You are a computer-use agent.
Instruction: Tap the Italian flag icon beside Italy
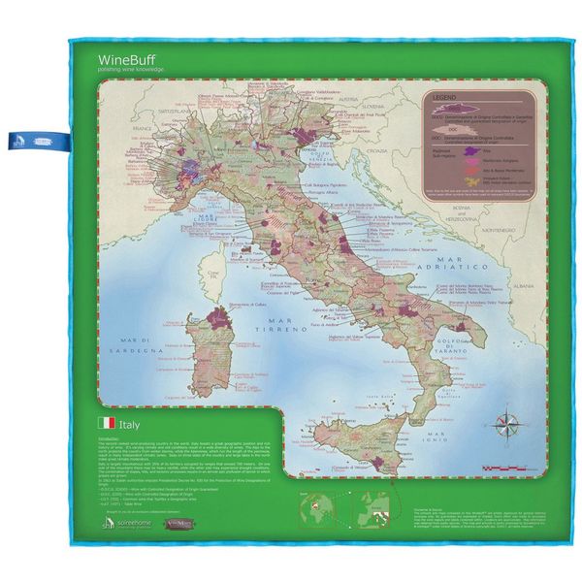pos(107,423)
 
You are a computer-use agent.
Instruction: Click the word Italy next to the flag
pos(132,423)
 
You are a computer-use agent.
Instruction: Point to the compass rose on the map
pos(504,424)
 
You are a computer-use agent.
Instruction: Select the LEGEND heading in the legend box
pos(444,98)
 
